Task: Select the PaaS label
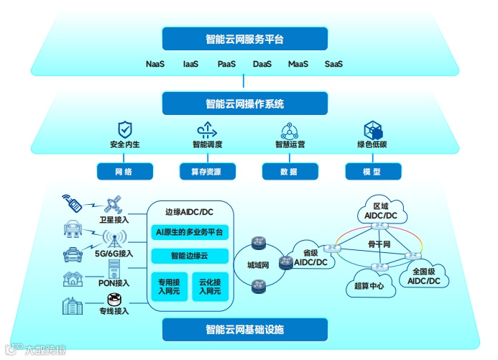[x=227, y=65]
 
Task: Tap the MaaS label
[x=298, y=65]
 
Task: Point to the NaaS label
[x=155, y=65]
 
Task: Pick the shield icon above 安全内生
[x=125, y=129]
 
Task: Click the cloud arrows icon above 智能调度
[x=207, y=129]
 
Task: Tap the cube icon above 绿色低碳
[x=372, y=129]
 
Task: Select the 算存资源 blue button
[x=207, y=172]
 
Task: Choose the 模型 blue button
[x=372, y=172]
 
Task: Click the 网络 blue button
[x=124, y=172]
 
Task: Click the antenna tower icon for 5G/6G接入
[x=113, y=239]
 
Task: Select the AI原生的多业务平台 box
[x=190, y=232]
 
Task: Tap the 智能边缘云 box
[x=190, y=256]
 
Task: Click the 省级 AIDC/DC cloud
[x=310, y=257]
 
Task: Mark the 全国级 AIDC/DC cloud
[x=423, y=275]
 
